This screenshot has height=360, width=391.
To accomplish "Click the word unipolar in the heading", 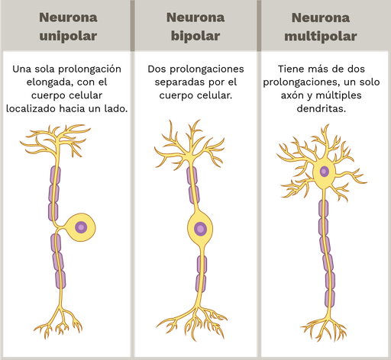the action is (x=68, y=36).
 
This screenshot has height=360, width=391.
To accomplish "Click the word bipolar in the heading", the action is (x=195, y=36).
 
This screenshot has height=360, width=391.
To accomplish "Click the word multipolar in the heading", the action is (x=321, y=36).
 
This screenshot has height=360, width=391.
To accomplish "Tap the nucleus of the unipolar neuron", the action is (x=81, y=227).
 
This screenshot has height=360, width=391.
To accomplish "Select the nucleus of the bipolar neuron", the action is (x=200, y=229).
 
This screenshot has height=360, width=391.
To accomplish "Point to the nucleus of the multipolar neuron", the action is (x=324, y=172).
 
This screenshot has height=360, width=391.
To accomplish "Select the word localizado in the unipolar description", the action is (x=31, y=108).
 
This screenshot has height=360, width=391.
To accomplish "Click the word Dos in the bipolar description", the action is (x=157, y=69).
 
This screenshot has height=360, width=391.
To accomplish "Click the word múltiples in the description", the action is (x=338, y=96).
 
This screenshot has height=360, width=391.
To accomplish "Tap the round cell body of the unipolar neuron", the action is (x=81, y=227).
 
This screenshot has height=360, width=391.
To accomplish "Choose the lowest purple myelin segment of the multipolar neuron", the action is (x=330, y=298).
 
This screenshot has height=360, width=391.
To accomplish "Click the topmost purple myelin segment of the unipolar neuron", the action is (x=55, y=175).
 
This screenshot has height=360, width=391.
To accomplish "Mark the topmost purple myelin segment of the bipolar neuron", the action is (x=192, y=175).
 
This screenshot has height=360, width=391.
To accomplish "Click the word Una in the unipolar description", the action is (x=21, y=69).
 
